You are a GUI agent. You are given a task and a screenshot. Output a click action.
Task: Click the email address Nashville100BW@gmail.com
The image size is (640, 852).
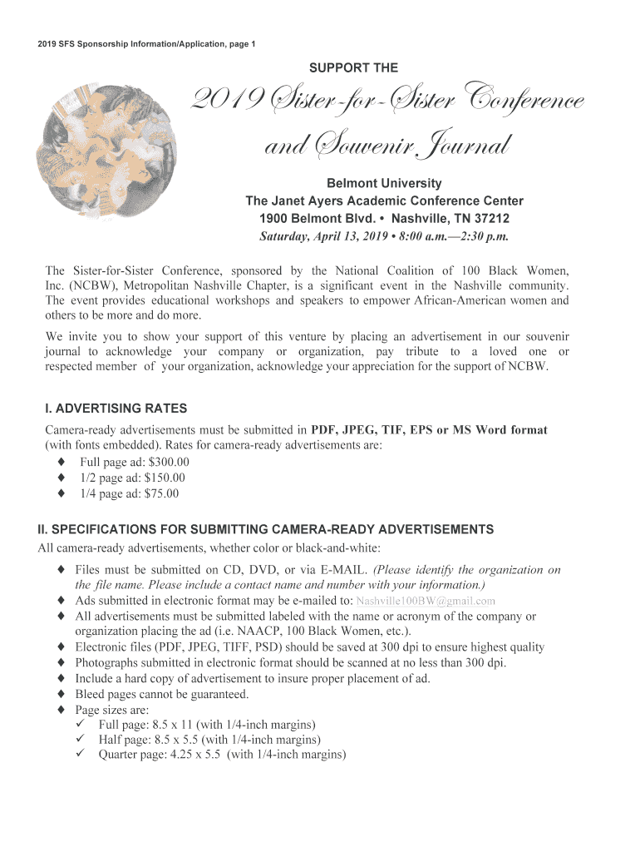426,601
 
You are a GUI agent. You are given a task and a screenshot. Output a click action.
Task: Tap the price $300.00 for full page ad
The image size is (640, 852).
166,462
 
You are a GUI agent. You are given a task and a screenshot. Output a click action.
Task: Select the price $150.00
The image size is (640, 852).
165,478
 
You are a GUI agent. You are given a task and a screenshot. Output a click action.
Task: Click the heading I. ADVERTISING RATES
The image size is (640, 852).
116,409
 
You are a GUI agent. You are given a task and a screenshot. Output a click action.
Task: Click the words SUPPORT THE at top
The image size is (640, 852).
353,67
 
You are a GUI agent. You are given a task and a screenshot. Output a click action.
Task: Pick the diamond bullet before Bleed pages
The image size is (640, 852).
62,694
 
